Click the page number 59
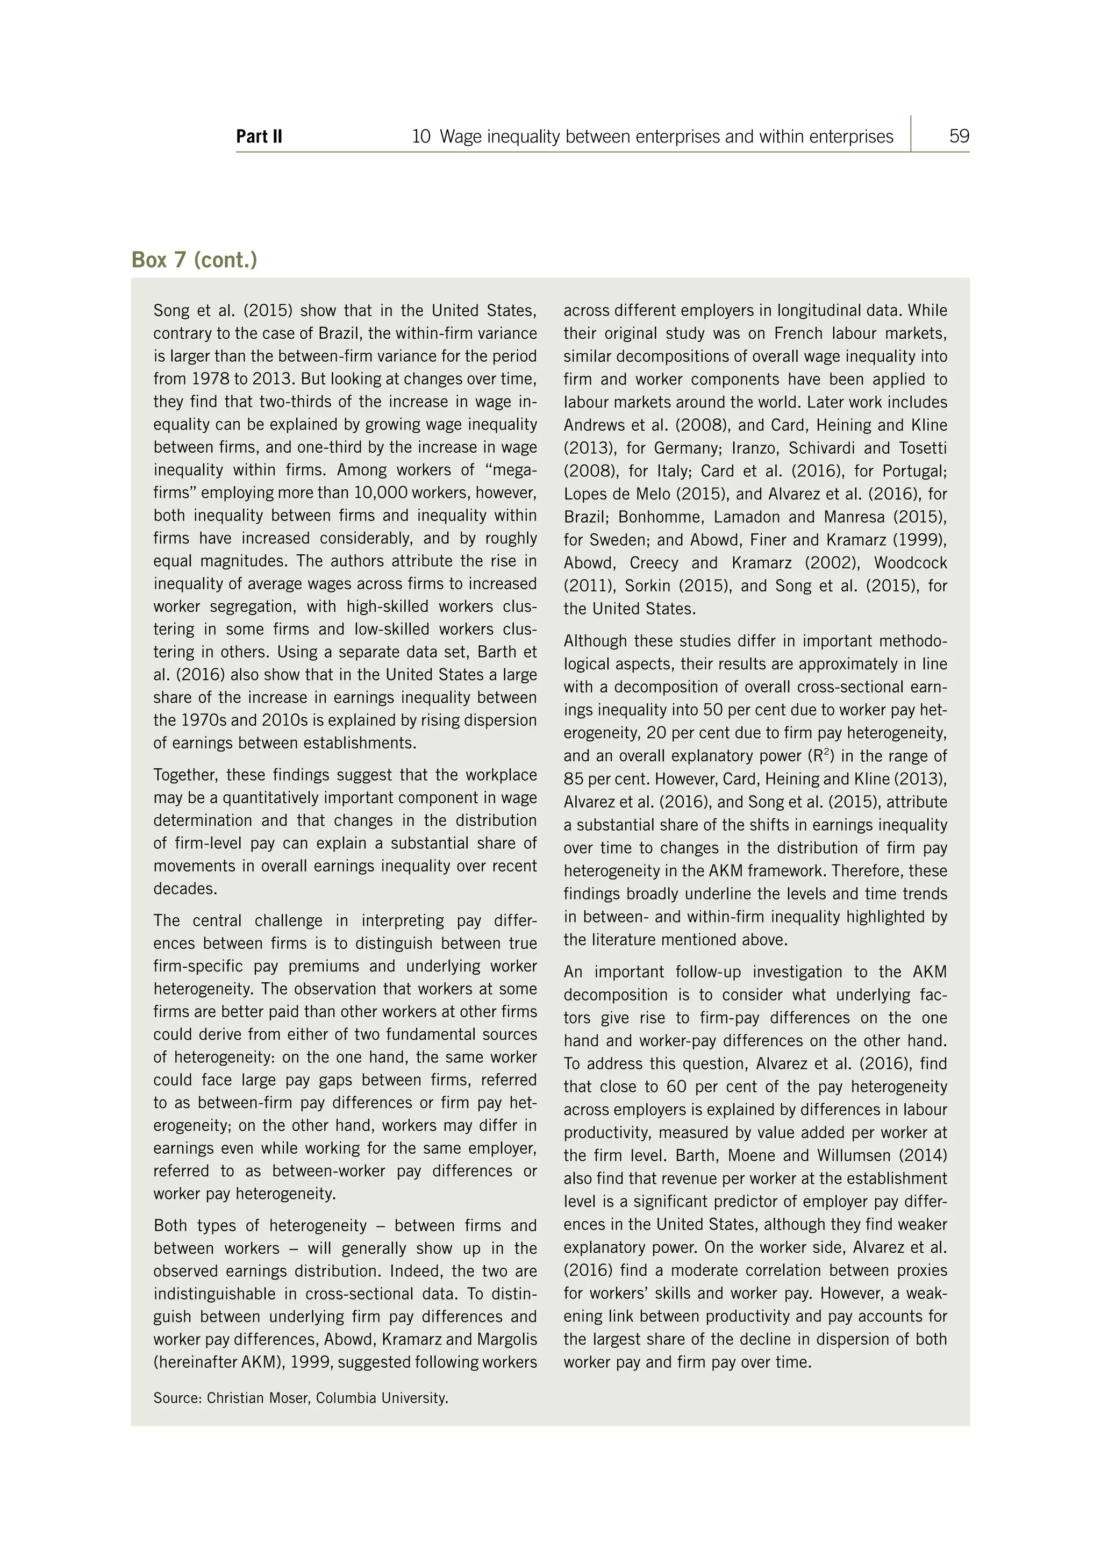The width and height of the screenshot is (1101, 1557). click(959, 137)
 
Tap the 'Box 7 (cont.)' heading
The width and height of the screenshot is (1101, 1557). click(194, 260)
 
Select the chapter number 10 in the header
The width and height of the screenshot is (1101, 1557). click(420, 137)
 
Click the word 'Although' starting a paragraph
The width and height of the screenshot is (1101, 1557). click(595, 641)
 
